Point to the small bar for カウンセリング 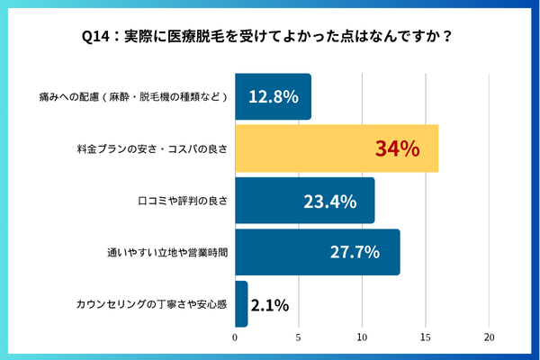pos(241,304)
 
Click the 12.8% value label pos(273,97)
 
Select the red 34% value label pos(397,148)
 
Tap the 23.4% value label pos(329,201)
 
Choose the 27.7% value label pos(355,252)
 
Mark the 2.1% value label pos(269,305)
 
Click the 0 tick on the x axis pos(235,337)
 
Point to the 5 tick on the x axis pos(299,337)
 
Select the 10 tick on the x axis pos(362,337)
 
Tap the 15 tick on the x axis pos(426,337)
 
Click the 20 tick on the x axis pos(489,337)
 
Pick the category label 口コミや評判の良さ pos(179,201)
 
